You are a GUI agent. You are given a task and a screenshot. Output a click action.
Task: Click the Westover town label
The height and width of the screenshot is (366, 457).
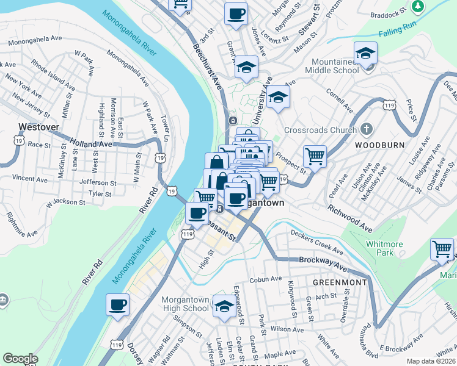pyautogui.click(x=38, y=127)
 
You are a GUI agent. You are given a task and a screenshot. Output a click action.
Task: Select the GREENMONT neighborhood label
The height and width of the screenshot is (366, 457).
pyautogui.click(x=340, y=282)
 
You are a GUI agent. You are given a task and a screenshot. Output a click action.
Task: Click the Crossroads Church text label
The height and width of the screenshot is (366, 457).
pyautogui.click(x=325, y=130)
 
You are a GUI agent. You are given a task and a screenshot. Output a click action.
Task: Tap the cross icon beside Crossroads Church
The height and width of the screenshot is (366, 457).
pyautogui.click(x=366, y=129)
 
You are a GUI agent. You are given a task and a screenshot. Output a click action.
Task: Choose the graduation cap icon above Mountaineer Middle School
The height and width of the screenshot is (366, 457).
pyautogui.click(x=365, y=53)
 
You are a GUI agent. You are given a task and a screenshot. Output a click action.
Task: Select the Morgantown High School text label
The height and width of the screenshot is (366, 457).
pyautogui.click(x=185, y=304)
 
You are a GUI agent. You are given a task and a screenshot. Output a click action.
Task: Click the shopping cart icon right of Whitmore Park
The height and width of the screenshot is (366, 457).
pyautogui.click(x=442, y=249)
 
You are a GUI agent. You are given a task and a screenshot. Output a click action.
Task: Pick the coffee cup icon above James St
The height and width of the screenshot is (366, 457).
pyautogui.click(x=236, y=14)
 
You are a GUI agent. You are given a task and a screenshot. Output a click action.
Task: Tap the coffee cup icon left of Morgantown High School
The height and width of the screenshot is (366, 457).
pyautogui.click(x=118, y=305)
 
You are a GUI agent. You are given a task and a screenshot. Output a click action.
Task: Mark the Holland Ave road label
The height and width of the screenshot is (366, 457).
pyautogui.click(x=90, y=144)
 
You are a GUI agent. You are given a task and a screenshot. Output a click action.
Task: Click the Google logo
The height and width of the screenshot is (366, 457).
pyautogui.click(x=21, y=359)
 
